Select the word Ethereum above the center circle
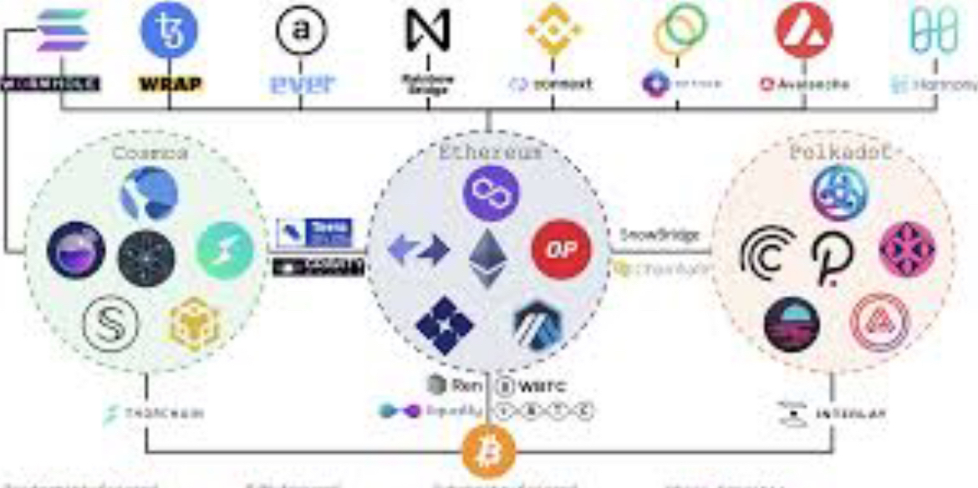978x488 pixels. click(490, 153)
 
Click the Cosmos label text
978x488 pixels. click(150, 153)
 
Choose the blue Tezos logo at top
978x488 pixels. click(169, 30)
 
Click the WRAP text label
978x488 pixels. click(169, 84)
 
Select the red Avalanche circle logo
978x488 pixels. click(803, 30)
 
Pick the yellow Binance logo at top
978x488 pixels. click(553, 30)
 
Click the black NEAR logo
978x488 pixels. click(427, 30)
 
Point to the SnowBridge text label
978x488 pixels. click(660, 235)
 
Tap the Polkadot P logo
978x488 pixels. click(833, 257)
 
